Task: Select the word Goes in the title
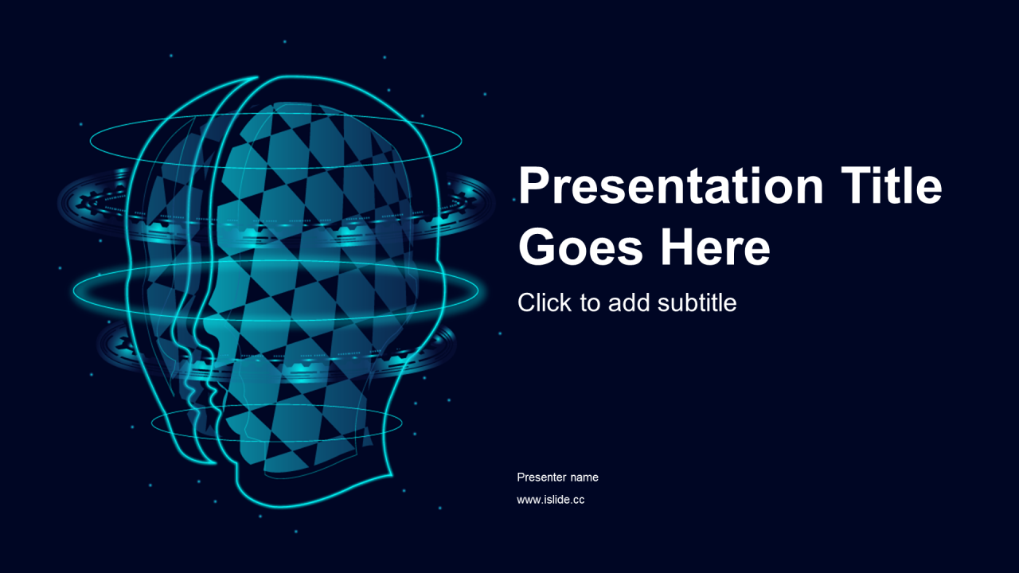click(x=580, y=247)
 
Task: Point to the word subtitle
click(x=697, y=302)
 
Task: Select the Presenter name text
click(x=558, y=477)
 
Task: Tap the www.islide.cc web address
click(x=550, y=499)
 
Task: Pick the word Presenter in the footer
click(x=541, y=477)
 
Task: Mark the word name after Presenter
click(x=584, y=477)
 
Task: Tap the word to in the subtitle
click(x=590, y=303)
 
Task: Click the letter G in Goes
click(x=537, y=247)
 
